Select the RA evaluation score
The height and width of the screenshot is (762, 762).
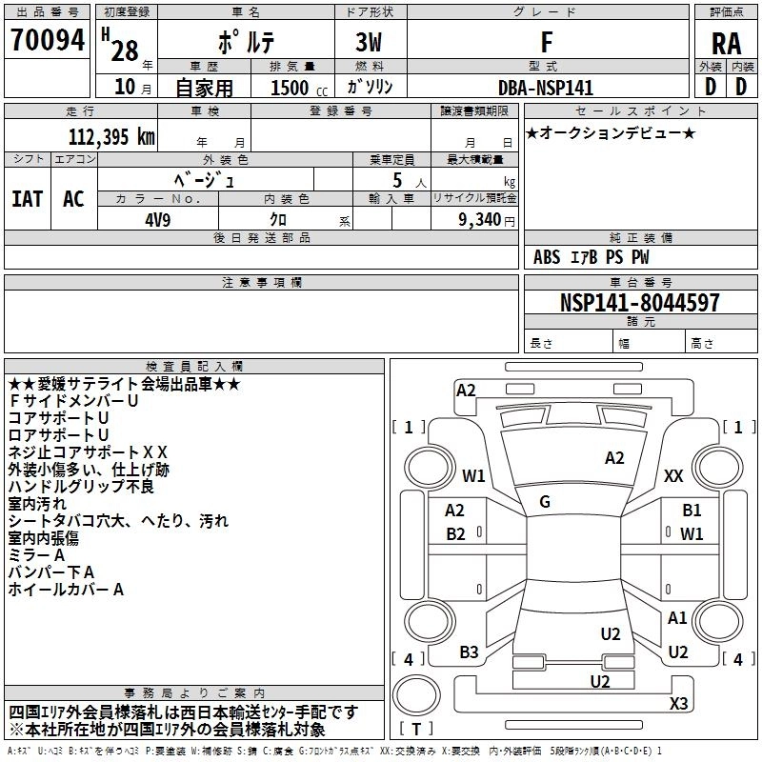(x=726, y=43)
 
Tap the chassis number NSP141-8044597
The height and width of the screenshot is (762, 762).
(x=639, y=304)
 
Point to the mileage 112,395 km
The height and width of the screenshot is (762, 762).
(x=111, y=137)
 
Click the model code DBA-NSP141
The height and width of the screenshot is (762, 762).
(x=545, y=88)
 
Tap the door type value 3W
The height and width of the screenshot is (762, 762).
(x=369, y=43)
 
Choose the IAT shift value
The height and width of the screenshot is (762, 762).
(x=27, y=198)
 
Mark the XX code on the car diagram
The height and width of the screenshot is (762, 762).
(x=673, y=475)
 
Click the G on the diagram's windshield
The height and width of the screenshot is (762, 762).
(x=544, y=502)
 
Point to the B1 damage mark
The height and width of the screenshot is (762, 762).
(x=692, y=511)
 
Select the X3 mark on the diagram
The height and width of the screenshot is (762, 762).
(x=678, y=704)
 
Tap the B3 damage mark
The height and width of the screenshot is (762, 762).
(x=469, y=652)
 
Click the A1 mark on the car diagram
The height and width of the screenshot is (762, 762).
(x=677, y=618)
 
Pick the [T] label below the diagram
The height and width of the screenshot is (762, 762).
(x=417, y=729)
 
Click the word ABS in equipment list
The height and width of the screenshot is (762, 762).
(x=547, y=256)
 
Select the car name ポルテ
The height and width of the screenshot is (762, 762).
(x=246, y=43)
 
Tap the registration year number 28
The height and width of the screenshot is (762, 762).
(x=124, y=51)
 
